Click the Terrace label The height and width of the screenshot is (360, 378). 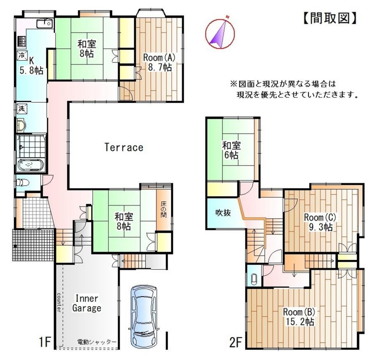pos(124,147)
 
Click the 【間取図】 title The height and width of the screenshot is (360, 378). pos(329,18)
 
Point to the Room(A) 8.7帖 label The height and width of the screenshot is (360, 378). pos(159,62)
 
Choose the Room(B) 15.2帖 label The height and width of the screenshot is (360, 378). pos(299,316)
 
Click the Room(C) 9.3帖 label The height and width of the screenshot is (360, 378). pos(320,222)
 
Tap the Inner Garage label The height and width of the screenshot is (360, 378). pos(87,303)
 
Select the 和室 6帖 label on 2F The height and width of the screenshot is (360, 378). pos(231,150)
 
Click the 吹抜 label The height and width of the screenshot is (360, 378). pos(223,213)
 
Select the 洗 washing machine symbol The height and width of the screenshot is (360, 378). pos(22,108)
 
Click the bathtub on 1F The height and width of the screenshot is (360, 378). pos(31,165)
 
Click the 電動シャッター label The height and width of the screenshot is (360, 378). pos(97,342)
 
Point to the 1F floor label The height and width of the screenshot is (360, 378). pos(45,342)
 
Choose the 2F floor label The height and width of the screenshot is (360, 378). pos(235,342)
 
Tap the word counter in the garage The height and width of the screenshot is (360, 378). pos(59,302)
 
